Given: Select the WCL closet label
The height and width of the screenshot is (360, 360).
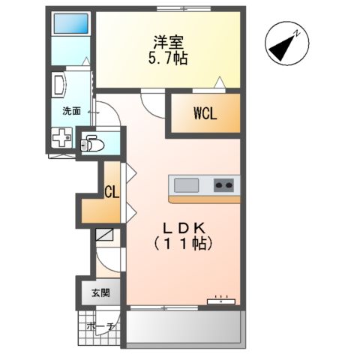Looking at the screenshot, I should pyautogui.click(x=205, y=114).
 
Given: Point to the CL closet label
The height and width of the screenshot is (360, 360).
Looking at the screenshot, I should pyautogui.click(x=111, y=192).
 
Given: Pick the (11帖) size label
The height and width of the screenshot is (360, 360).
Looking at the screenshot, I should pyautogui.click(x=184, y=244).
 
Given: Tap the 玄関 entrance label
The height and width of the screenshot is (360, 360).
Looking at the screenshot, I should pyautogui.click(x=100, y=292).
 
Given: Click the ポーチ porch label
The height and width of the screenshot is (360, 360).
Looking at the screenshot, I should pyautogui.click(x=99, y=327).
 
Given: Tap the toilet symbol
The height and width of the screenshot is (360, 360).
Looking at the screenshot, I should pyautogui.click(x=91, y=142).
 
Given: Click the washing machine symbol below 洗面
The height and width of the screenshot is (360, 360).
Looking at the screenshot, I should pyautogui.click(x=61, y=139).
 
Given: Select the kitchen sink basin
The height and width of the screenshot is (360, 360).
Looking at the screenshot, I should pyautogui.click(x=186, y=184).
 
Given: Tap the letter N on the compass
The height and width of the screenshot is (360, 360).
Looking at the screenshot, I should pyautogui.click(x=298, y=33).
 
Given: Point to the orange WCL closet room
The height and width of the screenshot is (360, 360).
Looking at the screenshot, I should pyautogui.click(x=205, y=114).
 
